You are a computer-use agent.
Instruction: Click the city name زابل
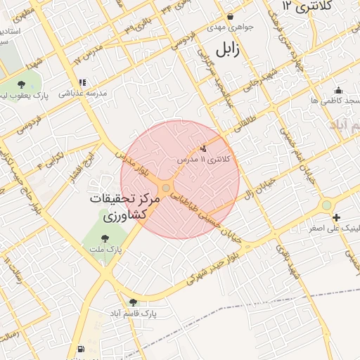coord(228,50)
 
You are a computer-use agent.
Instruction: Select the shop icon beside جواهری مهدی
coord(230,16)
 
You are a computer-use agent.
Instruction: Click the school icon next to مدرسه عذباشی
coord(82,82)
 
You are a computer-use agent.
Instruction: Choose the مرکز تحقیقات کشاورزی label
coord(126,208)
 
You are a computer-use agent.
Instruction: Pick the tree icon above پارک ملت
coord(105,238)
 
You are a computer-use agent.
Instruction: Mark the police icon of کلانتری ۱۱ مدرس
coord(204,148)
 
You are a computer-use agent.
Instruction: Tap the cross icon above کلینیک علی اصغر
coord(337,217)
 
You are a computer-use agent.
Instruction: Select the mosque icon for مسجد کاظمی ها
coord(338,90)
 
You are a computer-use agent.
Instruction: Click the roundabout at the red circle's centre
coord(165,188)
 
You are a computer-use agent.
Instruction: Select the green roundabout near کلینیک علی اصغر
coord(326,205)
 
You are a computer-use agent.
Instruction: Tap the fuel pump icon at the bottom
coord(81,349)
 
